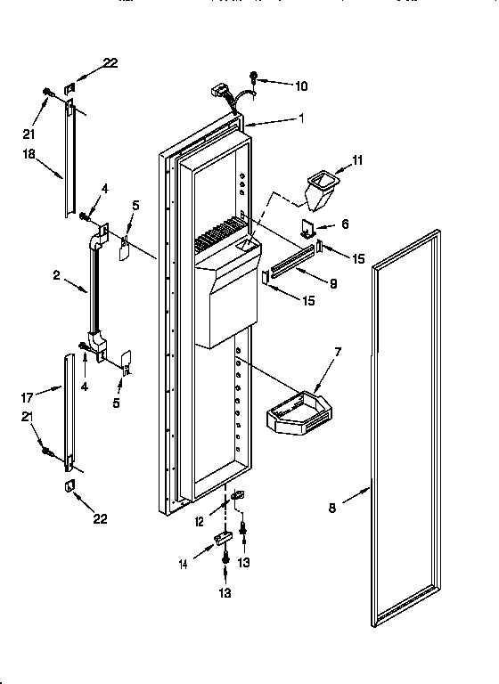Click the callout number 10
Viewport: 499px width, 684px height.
(x=301, y=86)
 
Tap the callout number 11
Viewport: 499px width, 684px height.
(x=358, y=160)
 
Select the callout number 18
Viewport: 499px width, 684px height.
(x=28, y=154)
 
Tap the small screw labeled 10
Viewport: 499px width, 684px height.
(x=253, y=78)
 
